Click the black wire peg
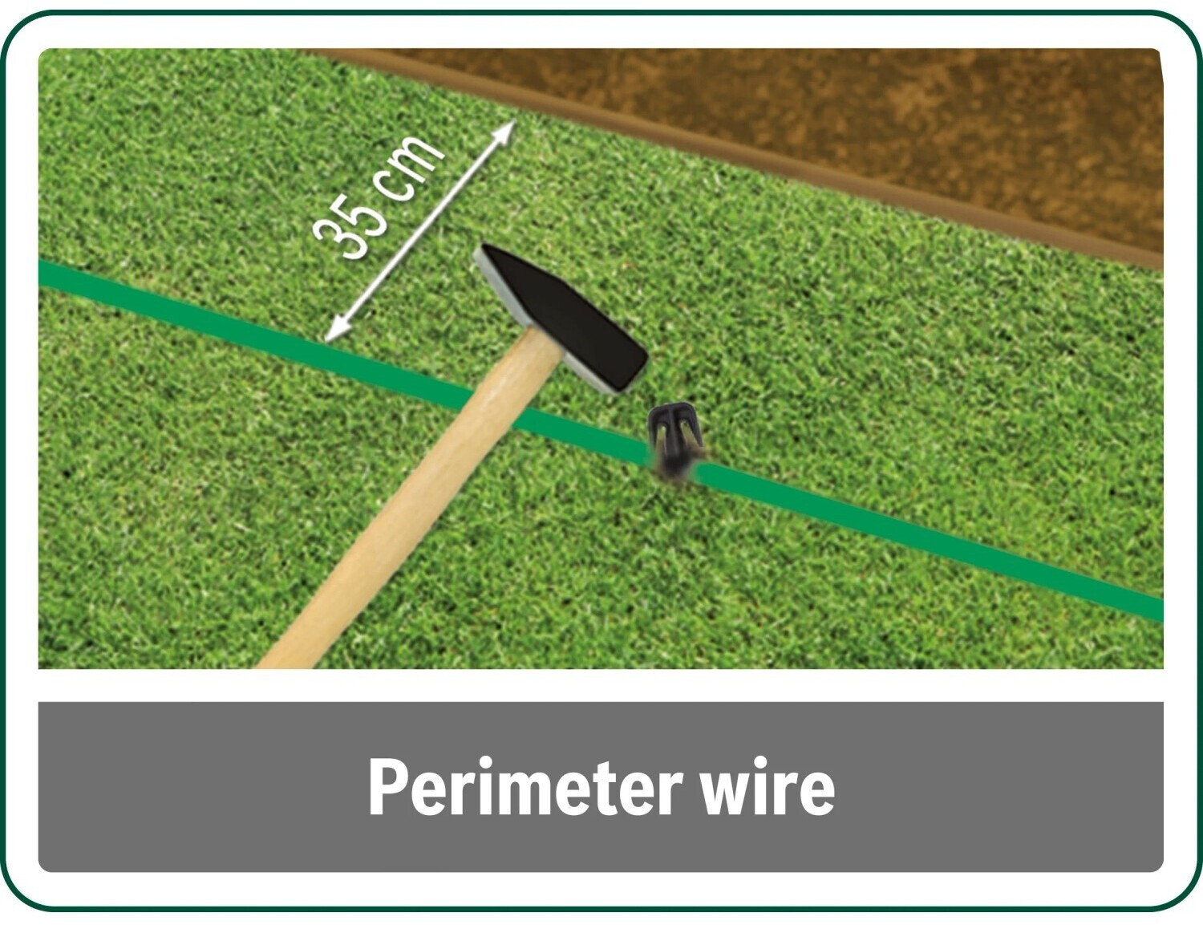coord(674,440)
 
